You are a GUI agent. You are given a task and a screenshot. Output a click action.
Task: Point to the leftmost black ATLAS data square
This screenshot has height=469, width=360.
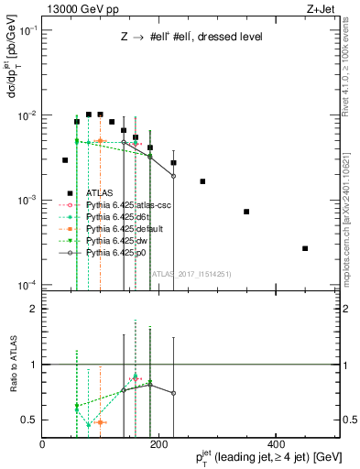coord(65,160)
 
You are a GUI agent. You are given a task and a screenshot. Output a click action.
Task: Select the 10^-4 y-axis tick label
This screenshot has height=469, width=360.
coord(27,284)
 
